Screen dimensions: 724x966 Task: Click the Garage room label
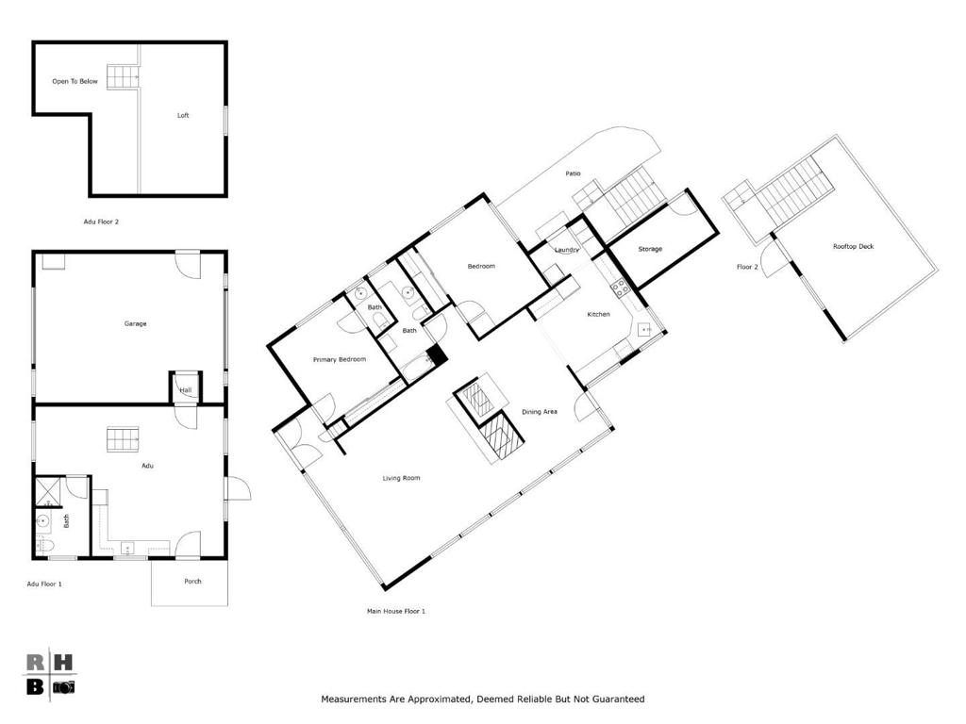coord(135,323)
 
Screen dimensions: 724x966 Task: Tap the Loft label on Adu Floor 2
coord(183,115)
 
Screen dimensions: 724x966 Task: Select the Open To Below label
coord(75,81)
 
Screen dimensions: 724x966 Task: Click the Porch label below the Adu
coord(192,581)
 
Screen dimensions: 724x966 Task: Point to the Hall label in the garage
coord(186,390)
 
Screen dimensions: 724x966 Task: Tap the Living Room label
coord(401,478)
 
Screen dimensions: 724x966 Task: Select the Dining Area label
coord(540,412)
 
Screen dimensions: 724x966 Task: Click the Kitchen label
coord(599,314)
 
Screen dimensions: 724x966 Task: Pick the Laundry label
coord(566,250)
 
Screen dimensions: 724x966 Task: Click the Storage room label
coord(650,249)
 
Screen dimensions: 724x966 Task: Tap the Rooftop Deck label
coord(853,246)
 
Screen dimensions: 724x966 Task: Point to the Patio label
coord(573,173)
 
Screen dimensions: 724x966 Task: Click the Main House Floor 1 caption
coord(396,611)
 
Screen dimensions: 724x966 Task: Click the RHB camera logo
coord(48,673)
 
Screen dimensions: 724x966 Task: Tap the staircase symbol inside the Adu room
coord(123,439)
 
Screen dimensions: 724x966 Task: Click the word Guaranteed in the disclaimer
coord(612,699)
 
